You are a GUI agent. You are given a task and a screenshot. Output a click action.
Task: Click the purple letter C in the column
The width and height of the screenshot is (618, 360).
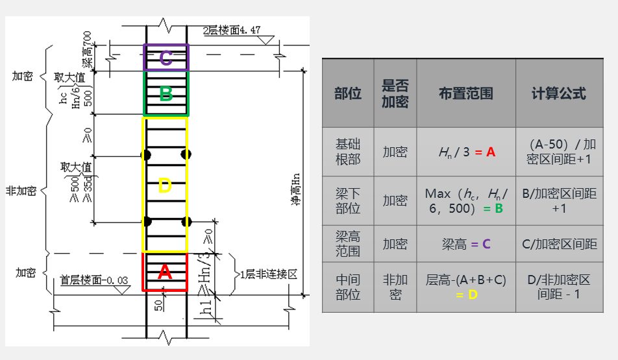point(166,58)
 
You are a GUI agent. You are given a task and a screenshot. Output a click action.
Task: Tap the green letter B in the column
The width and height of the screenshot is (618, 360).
point(166,94)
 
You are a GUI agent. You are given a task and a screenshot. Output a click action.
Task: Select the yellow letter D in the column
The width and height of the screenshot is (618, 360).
point(165,187)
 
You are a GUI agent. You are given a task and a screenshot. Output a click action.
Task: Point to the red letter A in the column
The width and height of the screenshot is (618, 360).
point(165,272)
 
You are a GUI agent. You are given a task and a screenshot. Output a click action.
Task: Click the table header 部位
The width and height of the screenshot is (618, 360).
point(348,93)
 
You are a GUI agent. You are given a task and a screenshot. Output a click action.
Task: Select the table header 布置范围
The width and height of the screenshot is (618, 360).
point(465,93)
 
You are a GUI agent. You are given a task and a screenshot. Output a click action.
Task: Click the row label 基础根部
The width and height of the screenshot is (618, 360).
point(348,152)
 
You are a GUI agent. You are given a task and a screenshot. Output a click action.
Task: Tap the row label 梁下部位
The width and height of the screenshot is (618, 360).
point(348,201)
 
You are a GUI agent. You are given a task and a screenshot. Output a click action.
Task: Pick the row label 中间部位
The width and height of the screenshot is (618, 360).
point(348,287)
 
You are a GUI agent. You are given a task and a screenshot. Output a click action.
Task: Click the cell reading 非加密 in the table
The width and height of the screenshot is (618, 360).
point(395,287)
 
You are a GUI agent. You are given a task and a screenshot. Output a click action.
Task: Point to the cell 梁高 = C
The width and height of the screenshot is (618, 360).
point(465,244)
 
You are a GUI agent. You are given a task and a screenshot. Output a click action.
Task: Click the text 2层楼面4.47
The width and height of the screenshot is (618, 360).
point(232,30)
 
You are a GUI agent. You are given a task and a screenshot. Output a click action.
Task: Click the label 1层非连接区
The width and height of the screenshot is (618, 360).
point(268,274)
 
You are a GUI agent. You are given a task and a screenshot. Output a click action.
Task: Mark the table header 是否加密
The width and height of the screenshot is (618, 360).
point(395,93)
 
